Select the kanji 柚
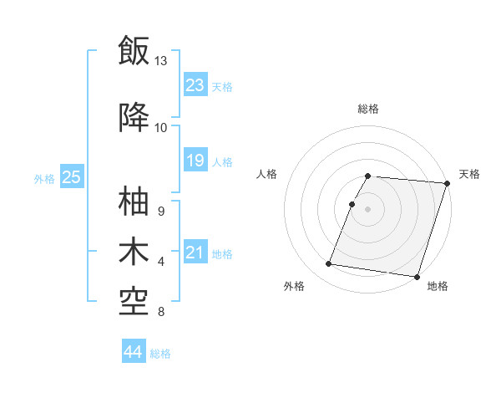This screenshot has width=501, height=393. click(x=134, y=201)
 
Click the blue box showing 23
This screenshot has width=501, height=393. click(x=195, y=85)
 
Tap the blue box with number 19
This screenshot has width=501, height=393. click(x=195, y=161)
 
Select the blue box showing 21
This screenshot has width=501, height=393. click(x=195, y=253)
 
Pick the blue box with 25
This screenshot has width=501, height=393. click(x=71, y=177)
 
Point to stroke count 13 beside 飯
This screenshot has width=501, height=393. click(x=160, y=61)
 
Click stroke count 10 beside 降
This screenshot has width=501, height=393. click(x=160, y=127)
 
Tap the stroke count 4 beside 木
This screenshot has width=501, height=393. click(x=160, y=262)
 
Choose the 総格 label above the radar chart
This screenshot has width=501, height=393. click(x=368, y=109)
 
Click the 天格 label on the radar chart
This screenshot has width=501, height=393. click(x=470, y=174)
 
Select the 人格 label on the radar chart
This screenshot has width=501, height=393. click(x=267, y=174)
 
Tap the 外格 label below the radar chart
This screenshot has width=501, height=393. click(x=294, y=287)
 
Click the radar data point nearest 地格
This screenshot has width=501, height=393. click(x=417, y=276)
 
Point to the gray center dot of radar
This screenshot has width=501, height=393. click(x=368, y=209)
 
